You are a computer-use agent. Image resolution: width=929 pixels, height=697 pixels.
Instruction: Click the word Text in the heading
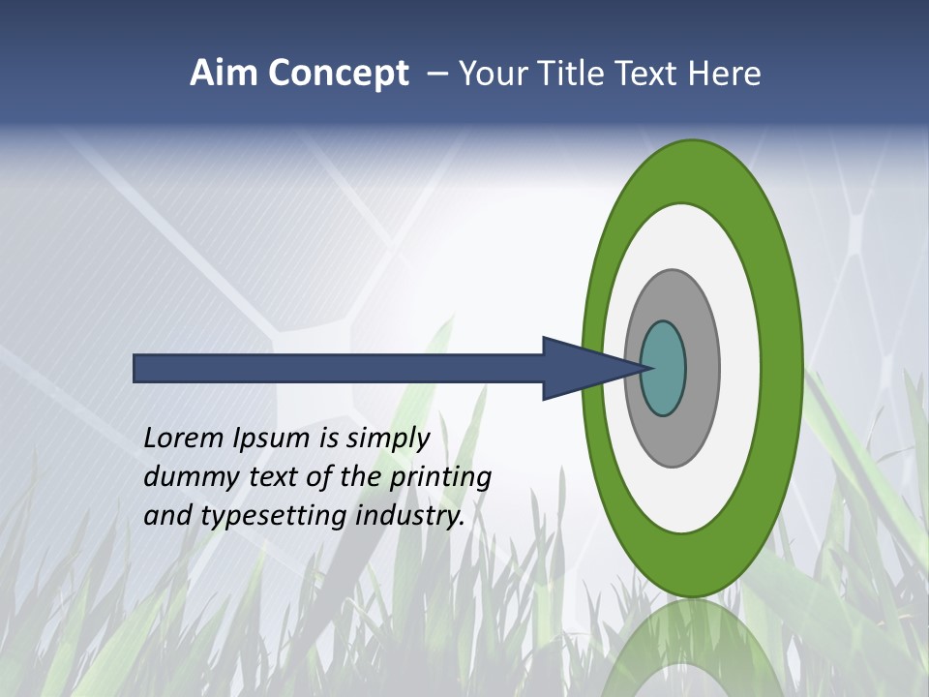tap(652, 74)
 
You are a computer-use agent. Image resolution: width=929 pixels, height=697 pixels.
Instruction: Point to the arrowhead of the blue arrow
tap(581, 368)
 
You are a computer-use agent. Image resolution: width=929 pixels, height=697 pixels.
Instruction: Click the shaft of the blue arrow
tap(339, 368)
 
